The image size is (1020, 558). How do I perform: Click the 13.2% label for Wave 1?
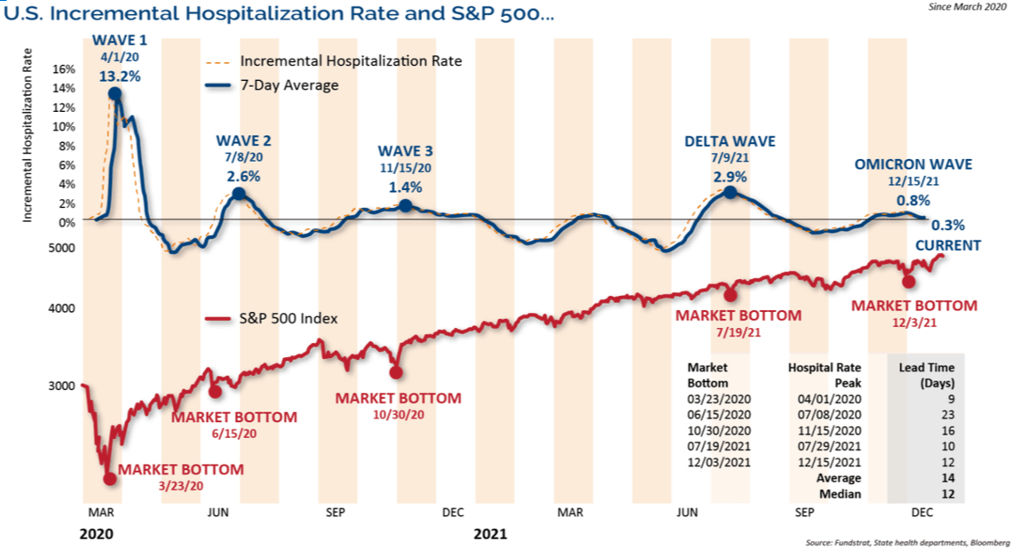(x=120, y=76)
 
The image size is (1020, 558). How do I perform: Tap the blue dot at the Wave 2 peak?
(x=238, y=194)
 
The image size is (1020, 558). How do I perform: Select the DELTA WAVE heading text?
(x=730, y=141)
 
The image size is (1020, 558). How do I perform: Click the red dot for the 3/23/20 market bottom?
(x=110, y=478)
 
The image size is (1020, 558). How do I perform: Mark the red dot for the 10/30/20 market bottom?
(x=396, y=372)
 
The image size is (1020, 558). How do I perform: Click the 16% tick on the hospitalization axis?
(x=65, y=68)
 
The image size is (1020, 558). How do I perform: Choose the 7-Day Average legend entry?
(x=289, y=85)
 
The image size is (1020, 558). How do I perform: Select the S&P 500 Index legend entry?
(x=289, y=319)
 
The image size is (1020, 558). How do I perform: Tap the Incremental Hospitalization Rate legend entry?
(x=351, y=62)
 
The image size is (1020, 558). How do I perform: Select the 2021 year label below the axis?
(x=490, y=534)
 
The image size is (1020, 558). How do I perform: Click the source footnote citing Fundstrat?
(x=905, y=541)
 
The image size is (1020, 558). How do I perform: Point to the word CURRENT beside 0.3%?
(x=948, y=246)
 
